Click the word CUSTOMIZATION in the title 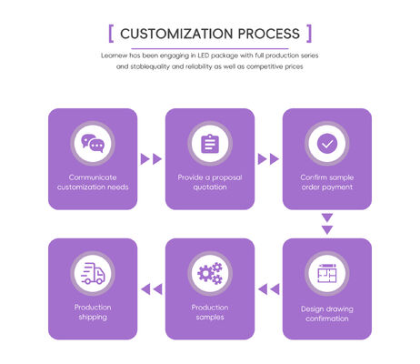coord(176,34)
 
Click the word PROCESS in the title coord(269,34)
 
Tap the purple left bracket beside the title coord(111,34)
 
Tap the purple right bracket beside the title coord(309,34)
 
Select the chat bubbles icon coord(93,143)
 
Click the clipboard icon coord(210,144)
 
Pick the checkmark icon coord(327,144)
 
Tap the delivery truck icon coord(93,273)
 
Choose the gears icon coord(210,273)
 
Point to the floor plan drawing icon coord(327,273)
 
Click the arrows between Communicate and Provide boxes coord(151,159)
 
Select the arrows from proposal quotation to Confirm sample coord(268,159)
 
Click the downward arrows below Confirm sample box coord(327,224)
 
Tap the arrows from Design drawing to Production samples coord(268,289)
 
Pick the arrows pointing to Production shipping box coord(151,289)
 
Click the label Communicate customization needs coord(93,182)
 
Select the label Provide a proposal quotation coord(210,182)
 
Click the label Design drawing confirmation coord(327,314)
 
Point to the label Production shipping coord(93,312)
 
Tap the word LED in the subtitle coord(204,56)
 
